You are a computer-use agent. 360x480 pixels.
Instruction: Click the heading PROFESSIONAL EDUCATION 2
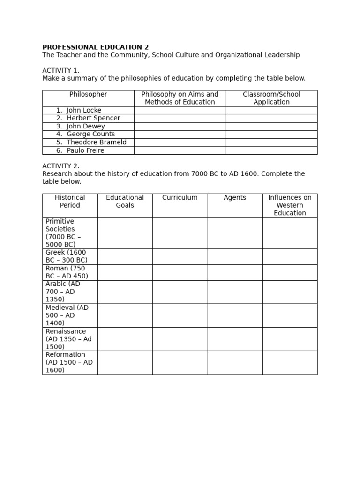pyautogui.click(x=95, y=47)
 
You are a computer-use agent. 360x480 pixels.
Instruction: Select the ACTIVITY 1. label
pyautogui.click(x=61, y=70)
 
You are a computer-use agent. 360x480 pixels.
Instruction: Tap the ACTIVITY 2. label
pyautogui.click(x=61, y=166)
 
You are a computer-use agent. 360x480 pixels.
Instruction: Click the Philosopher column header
pyautogui.click(x=88, y=95)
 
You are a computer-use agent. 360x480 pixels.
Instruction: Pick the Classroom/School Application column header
pyautogui.click(x=271, y=98)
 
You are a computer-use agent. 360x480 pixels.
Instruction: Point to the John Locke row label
pyautogui.click(x=84, y=111)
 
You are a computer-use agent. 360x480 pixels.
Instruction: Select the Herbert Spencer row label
pyautogui.click(x=93, y=119)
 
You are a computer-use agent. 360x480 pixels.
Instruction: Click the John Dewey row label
pyautogui.click(x=86, y=127)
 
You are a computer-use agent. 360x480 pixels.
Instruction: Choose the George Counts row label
pyautogui.click(x=90, y=135)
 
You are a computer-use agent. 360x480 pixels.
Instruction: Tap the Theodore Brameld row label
pyautogui.click(x=97, y=142)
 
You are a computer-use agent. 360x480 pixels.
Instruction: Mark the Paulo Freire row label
pyautogui.click(x=85, y=150)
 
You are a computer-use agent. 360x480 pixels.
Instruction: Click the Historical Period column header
pyautogui.click(x=70, y=202)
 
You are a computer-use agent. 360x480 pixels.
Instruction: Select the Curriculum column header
pyautogui.click(x=180, y=198)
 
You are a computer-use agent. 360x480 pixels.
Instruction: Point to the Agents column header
pyautogui.click(x=235, y=198)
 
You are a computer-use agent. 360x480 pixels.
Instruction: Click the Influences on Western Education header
pyautogui.click(x=290, y=205)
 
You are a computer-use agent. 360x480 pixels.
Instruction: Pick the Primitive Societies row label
pyautogui.click(x=63, y=233)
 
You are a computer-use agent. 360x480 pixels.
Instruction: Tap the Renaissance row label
pyautogui.click(x=66, y=339)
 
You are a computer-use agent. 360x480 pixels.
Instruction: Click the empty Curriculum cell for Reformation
pyautogui.click(x=180, y=362)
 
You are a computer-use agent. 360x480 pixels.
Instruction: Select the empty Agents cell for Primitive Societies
pyautogui.click(x=235, y=233)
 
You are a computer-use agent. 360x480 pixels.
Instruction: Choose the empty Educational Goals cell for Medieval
pyautogui.click(x=125, y=315)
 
